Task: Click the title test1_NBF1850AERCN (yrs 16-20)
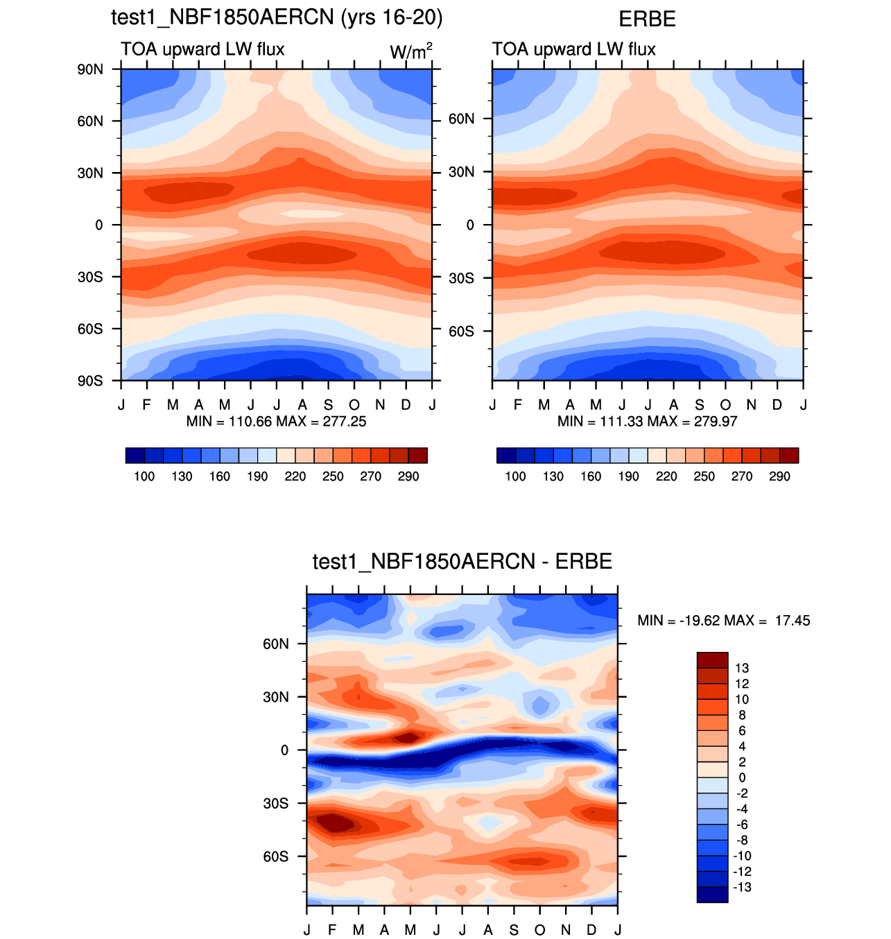277,17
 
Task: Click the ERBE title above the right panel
647,19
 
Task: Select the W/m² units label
411,51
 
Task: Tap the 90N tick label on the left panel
90,69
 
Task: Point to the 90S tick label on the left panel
90,381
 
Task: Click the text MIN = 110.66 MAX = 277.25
276,422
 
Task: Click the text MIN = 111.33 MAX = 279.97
647,422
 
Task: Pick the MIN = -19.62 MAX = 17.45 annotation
723,621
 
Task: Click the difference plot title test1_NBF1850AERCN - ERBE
462,561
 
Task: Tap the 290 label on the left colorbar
408,476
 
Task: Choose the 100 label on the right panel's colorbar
515,476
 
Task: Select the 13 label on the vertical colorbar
742,669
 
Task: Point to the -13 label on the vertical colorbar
742,888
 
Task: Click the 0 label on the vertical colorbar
742,778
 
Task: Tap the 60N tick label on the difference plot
275,644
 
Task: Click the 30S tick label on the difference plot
275,803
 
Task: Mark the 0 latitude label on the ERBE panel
470,225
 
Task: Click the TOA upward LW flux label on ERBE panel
573,49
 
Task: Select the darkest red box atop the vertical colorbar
712,660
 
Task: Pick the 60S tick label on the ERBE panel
461,331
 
